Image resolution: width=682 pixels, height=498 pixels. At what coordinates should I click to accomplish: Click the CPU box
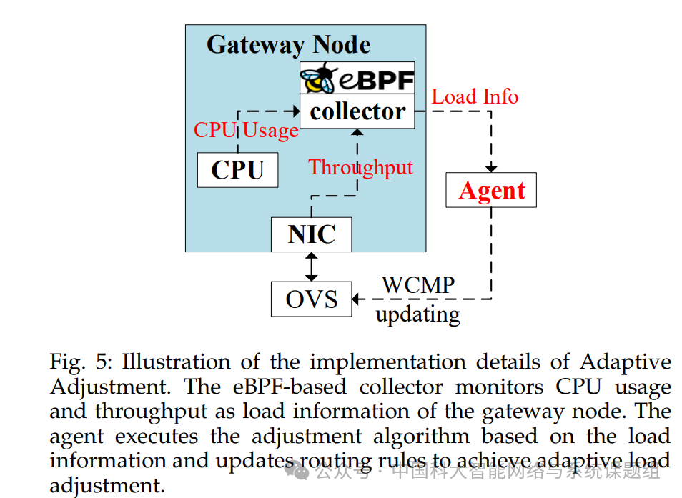(237, 170)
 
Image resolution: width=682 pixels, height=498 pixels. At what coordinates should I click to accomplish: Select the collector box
(357, 111)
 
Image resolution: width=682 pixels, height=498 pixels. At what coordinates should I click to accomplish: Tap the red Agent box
(491, 191)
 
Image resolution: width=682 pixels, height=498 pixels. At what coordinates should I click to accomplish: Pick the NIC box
(311, 234)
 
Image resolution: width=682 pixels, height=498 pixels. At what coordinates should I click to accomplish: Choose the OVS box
(311, 299)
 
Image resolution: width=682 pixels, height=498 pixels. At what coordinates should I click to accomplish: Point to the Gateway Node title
(288, 45)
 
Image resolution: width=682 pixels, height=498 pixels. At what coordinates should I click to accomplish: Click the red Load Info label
(475, 96)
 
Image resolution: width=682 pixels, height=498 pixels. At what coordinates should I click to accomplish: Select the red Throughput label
(360, 167)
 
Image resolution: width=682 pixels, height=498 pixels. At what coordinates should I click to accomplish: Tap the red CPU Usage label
(246, 130)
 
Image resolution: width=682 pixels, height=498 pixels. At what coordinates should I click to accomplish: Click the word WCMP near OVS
(417, 285)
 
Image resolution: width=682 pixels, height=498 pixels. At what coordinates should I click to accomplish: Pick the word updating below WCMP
(417, 314)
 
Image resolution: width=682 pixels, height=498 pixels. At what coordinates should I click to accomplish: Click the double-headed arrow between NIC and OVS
(311, 267)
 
